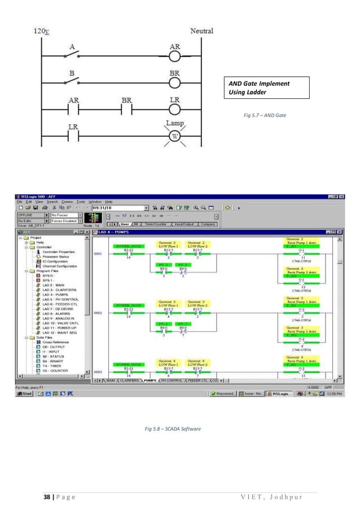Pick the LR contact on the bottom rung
pos(72,137)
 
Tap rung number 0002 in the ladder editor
pos(97,312)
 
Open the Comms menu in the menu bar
pos(67,201)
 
